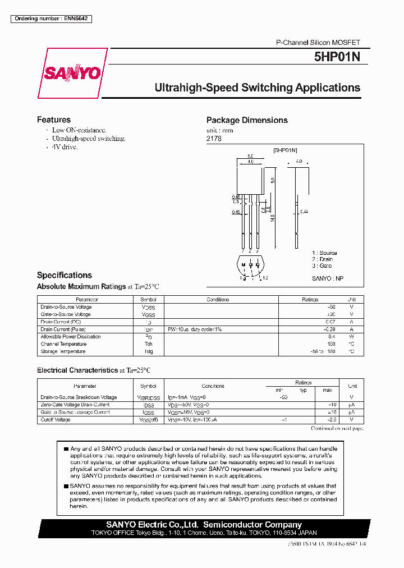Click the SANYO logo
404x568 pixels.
[73, 73]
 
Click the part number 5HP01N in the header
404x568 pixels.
[337, 57]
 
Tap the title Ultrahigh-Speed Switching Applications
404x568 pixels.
[257, 88]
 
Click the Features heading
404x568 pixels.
[54, 120]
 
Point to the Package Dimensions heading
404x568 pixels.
[247, 120]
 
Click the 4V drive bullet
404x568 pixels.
[65, 147]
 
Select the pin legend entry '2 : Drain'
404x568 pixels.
[323, 259]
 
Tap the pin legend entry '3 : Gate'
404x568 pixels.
[322, 265]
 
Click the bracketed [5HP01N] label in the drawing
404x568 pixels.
[285, 150]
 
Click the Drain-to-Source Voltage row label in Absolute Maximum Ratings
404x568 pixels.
[66, 307]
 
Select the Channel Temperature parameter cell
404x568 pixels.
[63, 344]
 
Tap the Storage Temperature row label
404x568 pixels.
[63, 351]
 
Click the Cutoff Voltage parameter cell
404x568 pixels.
[56, 420]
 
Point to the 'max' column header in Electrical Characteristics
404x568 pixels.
[327, 390]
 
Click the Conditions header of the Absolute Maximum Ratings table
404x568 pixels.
[218, 300]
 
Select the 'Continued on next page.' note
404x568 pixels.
[337, 428]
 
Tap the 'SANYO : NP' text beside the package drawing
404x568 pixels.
[327, 278]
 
